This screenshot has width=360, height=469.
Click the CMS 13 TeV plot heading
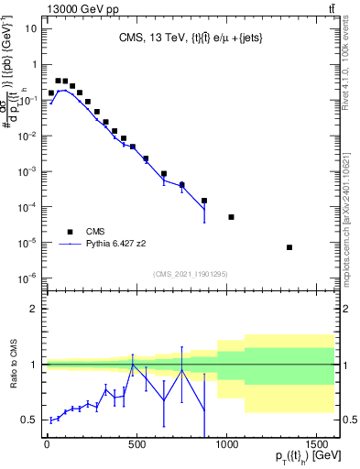coord(188,38)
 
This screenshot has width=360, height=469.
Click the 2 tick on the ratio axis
coord(32,310)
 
